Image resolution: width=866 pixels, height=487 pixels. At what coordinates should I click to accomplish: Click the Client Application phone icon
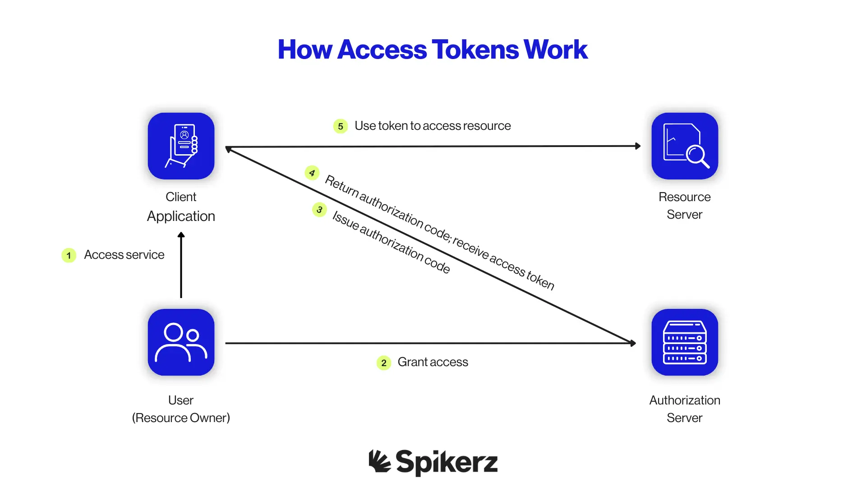coord(181,146)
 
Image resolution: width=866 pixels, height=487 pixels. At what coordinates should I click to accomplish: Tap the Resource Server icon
coord(684,146)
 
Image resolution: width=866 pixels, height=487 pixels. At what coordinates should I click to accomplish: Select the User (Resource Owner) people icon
coord(181,342)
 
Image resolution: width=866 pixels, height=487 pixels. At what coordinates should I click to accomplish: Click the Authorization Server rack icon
coord(684,342)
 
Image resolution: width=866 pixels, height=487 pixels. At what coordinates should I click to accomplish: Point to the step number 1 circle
coord(69,255)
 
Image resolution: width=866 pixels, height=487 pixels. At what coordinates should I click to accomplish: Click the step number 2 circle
coord(383,363)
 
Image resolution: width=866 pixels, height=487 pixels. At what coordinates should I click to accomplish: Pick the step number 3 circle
coord(319,210)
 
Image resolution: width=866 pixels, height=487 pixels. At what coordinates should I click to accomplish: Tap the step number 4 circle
coord(312,173)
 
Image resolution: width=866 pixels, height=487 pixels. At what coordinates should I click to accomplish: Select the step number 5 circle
coord(341,126)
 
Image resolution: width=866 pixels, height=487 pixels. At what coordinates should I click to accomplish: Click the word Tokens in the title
coord(475,50)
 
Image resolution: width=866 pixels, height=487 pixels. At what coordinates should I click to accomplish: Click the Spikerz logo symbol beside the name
coord(379,461)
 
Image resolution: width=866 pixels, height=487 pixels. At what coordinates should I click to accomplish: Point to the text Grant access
coord(433,362)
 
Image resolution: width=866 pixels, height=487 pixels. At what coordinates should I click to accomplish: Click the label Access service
coord(124,255)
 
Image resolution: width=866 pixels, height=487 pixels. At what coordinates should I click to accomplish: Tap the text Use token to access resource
coord(433,126)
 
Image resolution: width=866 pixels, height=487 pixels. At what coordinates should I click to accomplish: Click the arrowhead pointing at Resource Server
coord(638,146)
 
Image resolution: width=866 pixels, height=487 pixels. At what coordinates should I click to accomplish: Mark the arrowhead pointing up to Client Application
coord(181,235)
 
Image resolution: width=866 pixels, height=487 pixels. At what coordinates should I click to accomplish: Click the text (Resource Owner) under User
coord(181,418)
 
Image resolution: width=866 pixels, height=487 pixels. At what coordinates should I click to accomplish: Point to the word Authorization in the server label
coord(684,400)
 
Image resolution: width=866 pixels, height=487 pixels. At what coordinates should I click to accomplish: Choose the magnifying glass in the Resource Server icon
coord(696,156)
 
